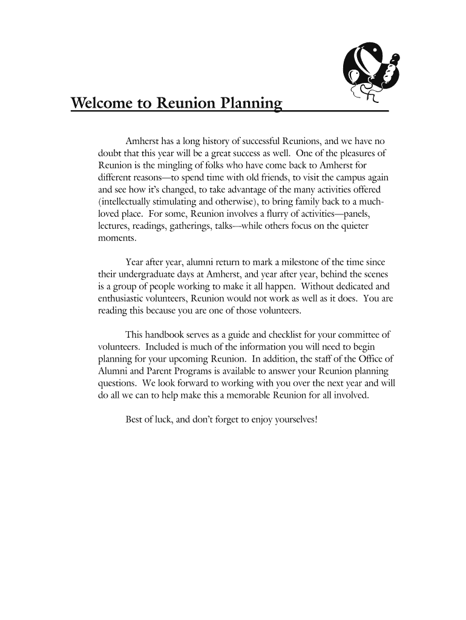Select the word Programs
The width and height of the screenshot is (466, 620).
[x=182, y=371]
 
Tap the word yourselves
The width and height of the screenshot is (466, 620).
[x=295, y=419]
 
